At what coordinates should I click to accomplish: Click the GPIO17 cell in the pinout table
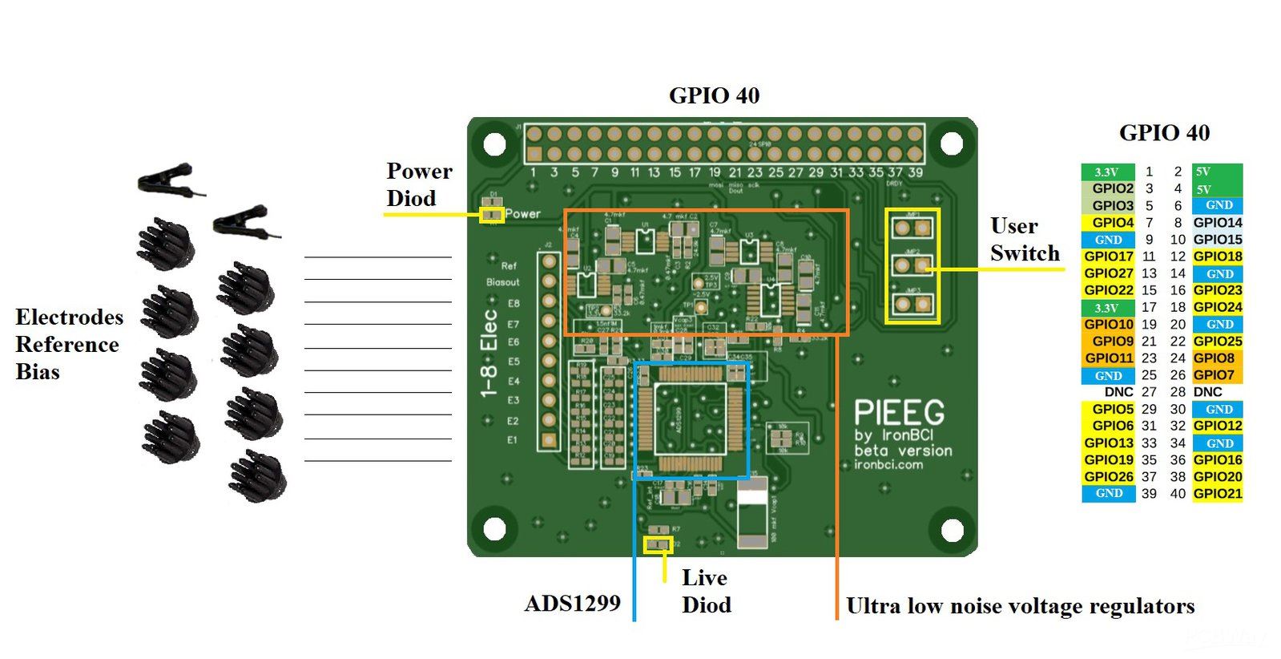point(1109,257)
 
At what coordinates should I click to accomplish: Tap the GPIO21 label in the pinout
point(1217,494)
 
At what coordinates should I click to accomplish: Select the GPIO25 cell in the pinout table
point(1217,342)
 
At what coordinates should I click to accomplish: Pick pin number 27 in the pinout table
point(1149,392)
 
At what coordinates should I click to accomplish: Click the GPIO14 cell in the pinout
point(1217,223)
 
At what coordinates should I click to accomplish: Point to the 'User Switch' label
point(1025,240)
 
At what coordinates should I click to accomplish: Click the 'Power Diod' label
point(419,184)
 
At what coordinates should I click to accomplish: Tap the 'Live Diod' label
point(705,591)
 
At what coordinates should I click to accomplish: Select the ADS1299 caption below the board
point(572,604)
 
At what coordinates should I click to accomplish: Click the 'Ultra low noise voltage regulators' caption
point(1020,606)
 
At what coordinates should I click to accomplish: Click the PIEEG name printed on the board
point(899,413)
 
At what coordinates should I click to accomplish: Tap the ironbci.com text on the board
point(888,464)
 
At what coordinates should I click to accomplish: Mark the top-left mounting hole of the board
point(494,144)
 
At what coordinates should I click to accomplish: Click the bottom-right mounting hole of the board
point(951,529)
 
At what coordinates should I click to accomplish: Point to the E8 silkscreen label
point(514,303)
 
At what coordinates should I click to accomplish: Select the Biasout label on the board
point(502,282)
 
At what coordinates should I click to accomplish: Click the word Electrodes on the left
point(69,317)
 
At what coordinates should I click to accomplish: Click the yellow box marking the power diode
point(491,215)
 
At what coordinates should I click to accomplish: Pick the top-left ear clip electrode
point(168,179)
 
